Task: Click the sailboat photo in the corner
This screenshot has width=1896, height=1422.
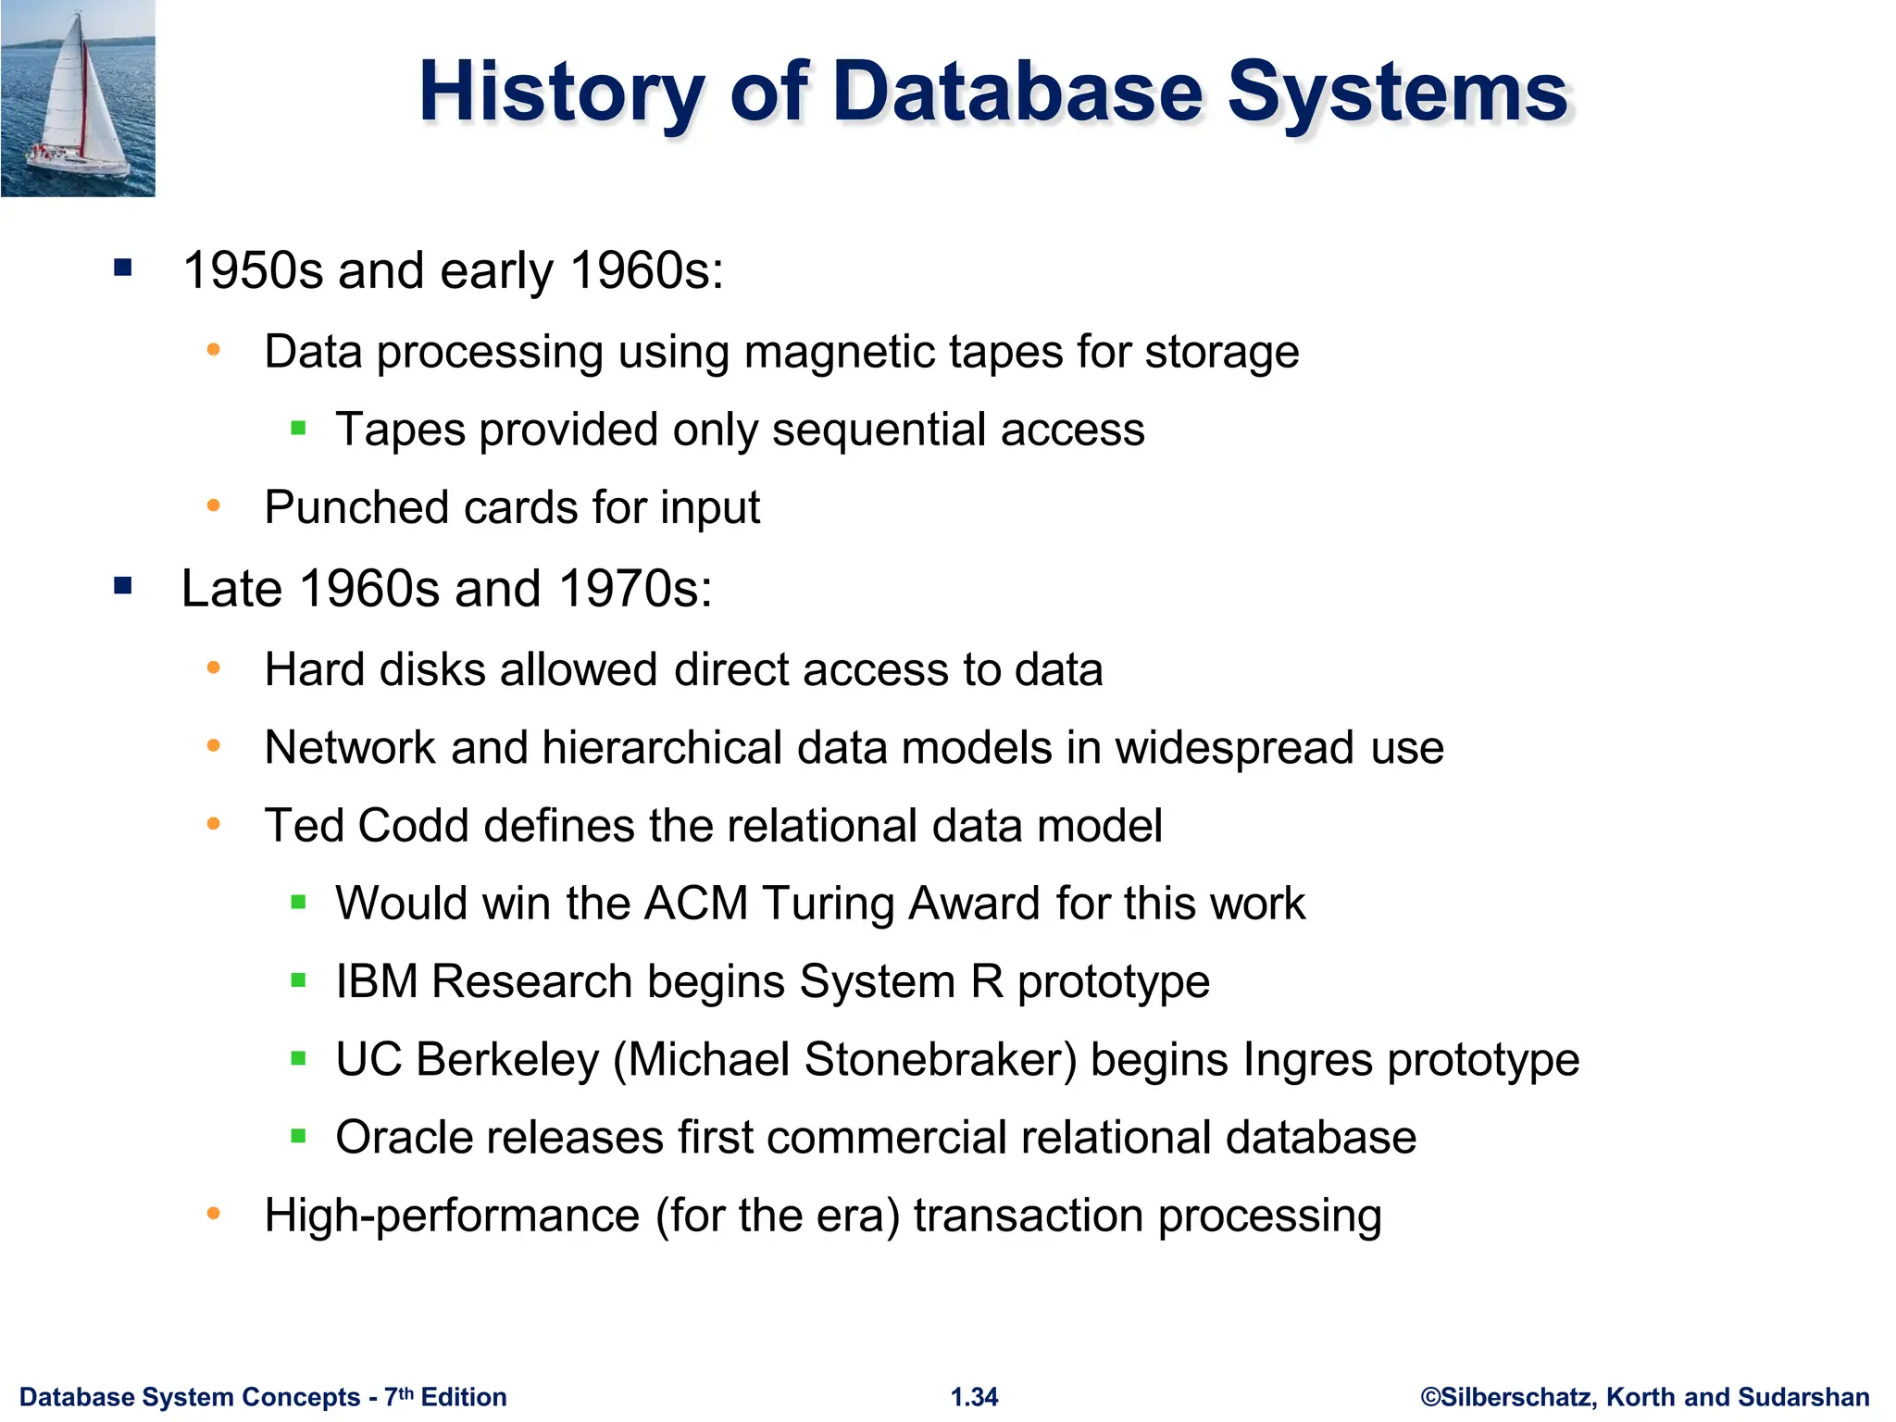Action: pos(78,98)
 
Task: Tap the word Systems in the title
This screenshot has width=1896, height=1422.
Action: pos(1398,92)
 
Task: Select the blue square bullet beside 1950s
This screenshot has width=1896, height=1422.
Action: pos(123,268)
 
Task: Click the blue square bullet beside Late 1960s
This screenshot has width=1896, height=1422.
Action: pos(123,586)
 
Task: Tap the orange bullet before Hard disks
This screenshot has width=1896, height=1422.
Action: pos(214,667)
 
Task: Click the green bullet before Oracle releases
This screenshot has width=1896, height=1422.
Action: pos(298,1136)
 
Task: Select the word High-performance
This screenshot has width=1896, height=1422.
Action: pos(452,1216)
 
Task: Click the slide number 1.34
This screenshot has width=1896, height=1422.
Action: pos(974,1397)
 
